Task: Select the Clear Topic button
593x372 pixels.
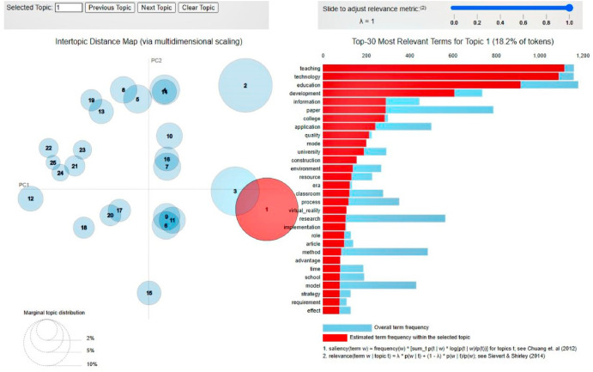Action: point(199,7)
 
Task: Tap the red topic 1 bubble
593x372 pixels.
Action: point(267,210)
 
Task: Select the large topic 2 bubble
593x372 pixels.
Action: point(245,85)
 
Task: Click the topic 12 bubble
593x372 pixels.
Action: point(31,198)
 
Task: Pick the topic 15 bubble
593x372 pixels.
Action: point(149,293)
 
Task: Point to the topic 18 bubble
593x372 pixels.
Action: point(83,228)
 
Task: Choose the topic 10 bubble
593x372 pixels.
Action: point(170,137)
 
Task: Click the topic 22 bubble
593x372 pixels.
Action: point(50,149)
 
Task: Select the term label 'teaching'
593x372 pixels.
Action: point(309,68)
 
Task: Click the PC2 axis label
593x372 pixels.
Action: point(156,60)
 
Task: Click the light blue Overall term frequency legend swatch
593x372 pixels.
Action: point(347,327)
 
